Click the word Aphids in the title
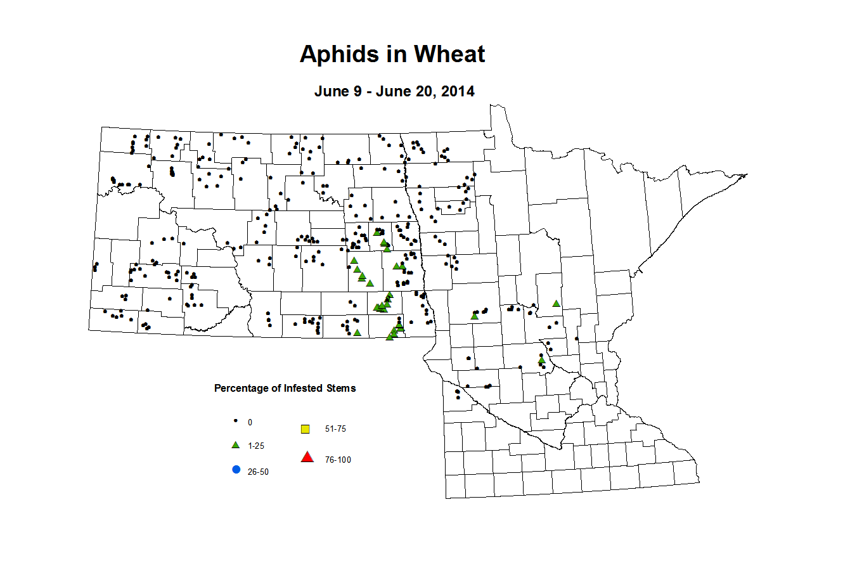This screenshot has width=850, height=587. coord(337,55)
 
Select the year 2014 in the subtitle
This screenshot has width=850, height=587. coord(458,91)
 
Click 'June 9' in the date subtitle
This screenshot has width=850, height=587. coord(338,91)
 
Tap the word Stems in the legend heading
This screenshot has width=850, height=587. coord(341,389)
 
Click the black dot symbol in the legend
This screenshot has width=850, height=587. coord(236,421)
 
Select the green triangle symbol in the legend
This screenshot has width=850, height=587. coord(236,445)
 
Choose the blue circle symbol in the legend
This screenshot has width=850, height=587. coord(236,470)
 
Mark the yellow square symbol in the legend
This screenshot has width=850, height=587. coord(305,429)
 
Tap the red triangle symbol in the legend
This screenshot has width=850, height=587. coord(307,457)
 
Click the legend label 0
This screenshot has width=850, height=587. coord(250,422)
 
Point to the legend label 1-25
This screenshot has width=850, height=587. coord(256,446)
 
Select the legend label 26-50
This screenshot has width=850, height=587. coord(258,472)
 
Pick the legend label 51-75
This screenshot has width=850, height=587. coord(335,429)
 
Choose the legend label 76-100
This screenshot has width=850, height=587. coord(338,460)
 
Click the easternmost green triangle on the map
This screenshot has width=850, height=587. coord(556,304)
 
